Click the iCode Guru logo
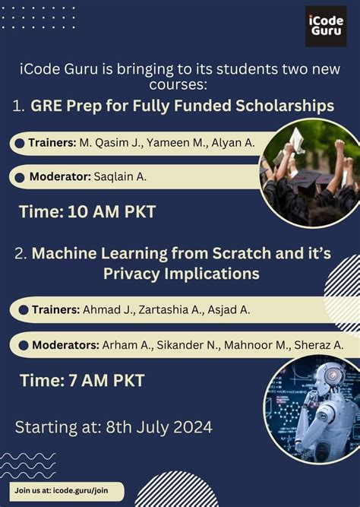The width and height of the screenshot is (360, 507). click(326, 27)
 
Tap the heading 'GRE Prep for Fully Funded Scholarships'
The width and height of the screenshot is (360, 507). click(182, 106)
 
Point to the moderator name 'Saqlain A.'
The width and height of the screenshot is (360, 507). click(119, 177)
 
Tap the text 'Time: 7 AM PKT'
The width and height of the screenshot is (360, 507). click(82, 380)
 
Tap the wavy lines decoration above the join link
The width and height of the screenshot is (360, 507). click(27, 464)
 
